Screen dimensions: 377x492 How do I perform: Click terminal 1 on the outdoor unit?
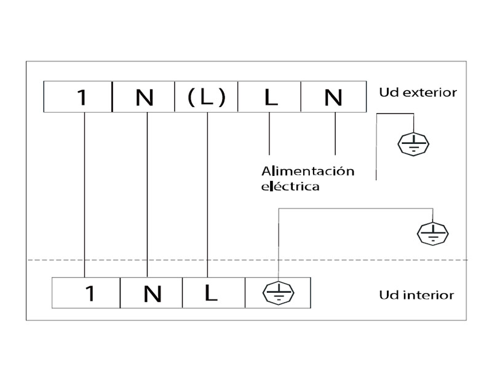coord(81,97)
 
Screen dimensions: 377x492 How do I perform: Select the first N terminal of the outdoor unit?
coord(145,97)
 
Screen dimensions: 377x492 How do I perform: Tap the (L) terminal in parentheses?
coord(206,97)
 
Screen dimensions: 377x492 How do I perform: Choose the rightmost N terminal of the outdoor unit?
coord(333,97)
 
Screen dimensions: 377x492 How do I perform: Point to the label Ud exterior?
coord(418,93)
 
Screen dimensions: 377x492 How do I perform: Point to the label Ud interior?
coord(416,295)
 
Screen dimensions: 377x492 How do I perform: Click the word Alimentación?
coord(308,171)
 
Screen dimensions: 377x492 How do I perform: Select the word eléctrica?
coord(290,185)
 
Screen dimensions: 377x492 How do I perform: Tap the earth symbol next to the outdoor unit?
coord(411,145)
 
